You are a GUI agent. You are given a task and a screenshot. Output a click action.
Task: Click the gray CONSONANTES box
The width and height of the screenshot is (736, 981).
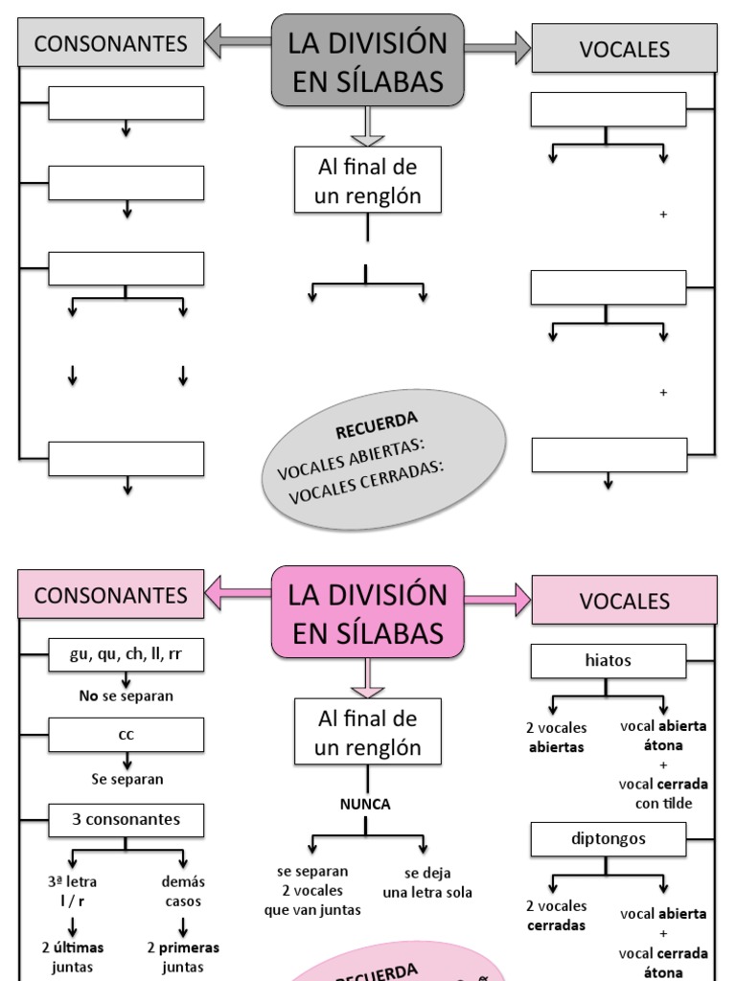[x=111, y=43]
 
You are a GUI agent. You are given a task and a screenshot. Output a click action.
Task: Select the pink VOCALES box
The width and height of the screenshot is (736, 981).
[x=624, y=601]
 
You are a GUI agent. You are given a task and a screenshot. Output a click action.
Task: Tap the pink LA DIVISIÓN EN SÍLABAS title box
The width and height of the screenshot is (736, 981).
[x=368, y=613]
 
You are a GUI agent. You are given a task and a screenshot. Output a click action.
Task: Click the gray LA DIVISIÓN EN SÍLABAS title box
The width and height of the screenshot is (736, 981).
[x=368, y=61]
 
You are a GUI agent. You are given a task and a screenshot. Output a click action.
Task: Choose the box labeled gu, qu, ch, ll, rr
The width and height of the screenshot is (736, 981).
[x=126, y=656]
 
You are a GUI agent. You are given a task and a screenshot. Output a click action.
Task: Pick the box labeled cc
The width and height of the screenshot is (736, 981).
[x=126, y=735]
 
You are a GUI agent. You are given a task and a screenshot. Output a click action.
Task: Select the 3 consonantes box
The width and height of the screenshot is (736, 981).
[x=126, y=820]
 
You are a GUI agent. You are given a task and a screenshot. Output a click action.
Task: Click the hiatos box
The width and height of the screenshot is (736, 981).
[x=609, y=660]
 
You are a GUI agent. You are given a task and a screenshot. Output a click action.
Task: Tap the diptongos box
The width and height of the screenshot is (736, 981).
[x=609, y=838]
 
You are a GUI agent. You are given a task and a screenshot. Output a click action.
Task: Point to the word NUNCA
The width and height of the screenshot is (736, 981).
[x=365, y=804]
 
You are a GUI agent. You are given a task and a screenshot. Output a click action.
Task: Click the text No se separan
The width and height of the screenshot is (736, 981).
[x=126, y=696]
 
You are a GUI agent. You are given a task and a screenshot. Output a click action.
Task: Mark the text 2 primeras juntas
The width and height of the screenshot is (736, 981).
[x=183, y=957]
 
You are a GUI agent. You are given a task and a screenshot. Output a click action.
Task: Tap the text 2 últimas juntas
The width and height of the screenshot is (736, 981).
[x=72, y=957]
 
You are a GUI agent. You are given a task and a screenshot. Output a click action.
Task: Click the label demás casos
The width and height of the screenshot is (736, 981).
[x=183, y=891]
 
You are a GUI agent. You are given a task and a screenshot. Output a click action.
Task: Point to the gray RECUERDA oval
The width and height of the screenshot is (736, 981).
[x=383, y=460]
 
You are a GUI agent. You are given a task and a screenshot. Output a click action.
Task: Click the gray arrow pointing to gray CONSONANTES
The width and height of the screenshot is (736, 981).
[x=237, y=42]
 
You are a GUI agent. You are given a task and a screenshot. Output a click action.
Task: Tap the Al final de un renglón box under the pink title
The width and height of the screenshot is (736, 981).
[x=368, y=731]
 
